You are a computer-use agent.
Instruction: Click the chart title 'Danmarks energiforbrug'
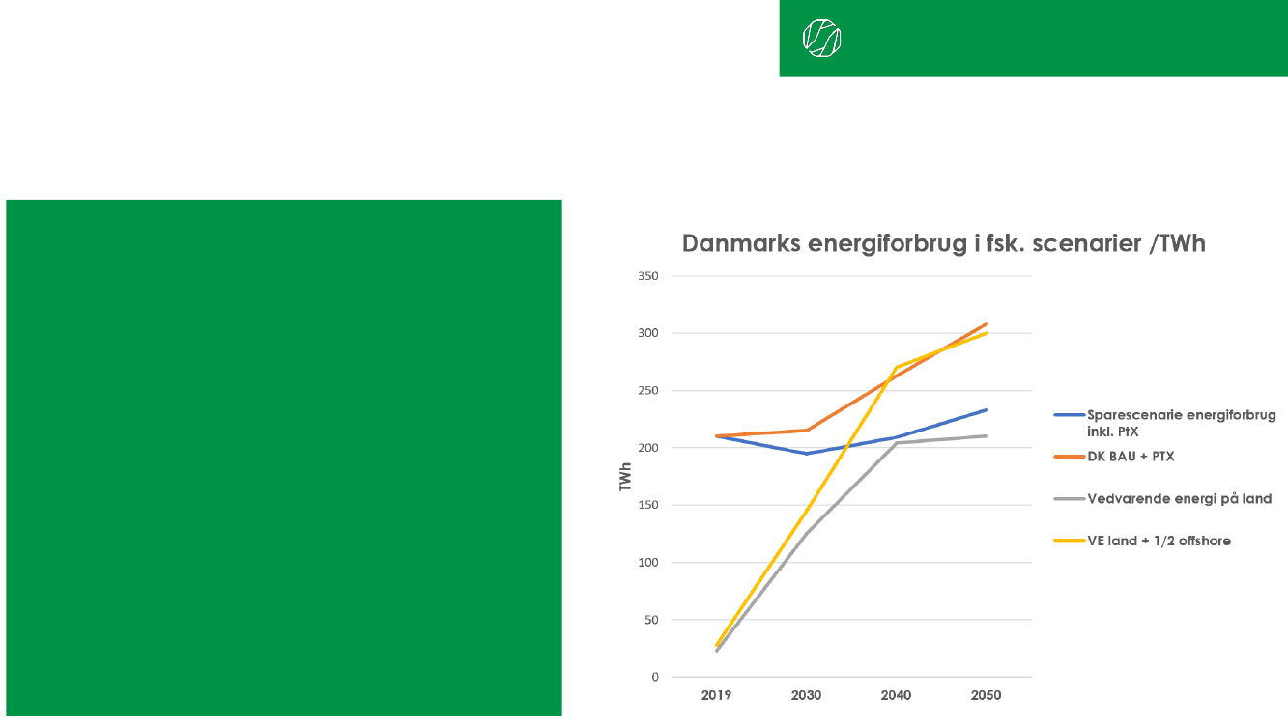(943, 243)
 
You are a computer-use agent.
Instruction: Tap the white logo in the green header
(821, 38)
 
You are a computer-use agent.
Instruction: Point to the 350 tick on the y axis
(647, 276)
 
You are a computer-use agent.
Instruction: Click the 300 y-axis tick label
(647, 333)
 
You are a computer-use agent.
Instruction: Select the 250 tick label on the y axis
(647, 391)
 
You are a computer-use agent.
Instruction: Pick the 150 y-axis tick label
(647, 505)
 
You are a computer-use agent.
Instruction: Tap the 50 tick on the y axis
(650, 620)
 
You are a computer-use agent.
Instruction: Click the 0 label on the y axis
(654, 677)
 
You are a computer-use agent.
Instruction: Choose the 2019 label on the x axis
(717, 695)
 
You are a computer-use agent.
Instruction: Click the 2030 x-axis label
(807, 695)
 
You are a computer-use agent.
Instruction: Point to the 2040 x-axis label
(897, 695)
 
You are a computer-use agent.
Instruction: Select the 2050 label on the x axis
(987, 695)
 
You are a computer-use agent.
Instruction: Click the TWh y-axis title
(625, 477)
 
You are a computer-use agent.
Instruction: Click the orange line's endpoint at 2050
(987, 324)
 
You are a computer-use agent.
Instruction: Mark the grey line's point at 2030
(807, 532)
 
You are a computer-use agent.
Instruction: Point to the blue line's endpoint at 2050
(987, 410)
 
